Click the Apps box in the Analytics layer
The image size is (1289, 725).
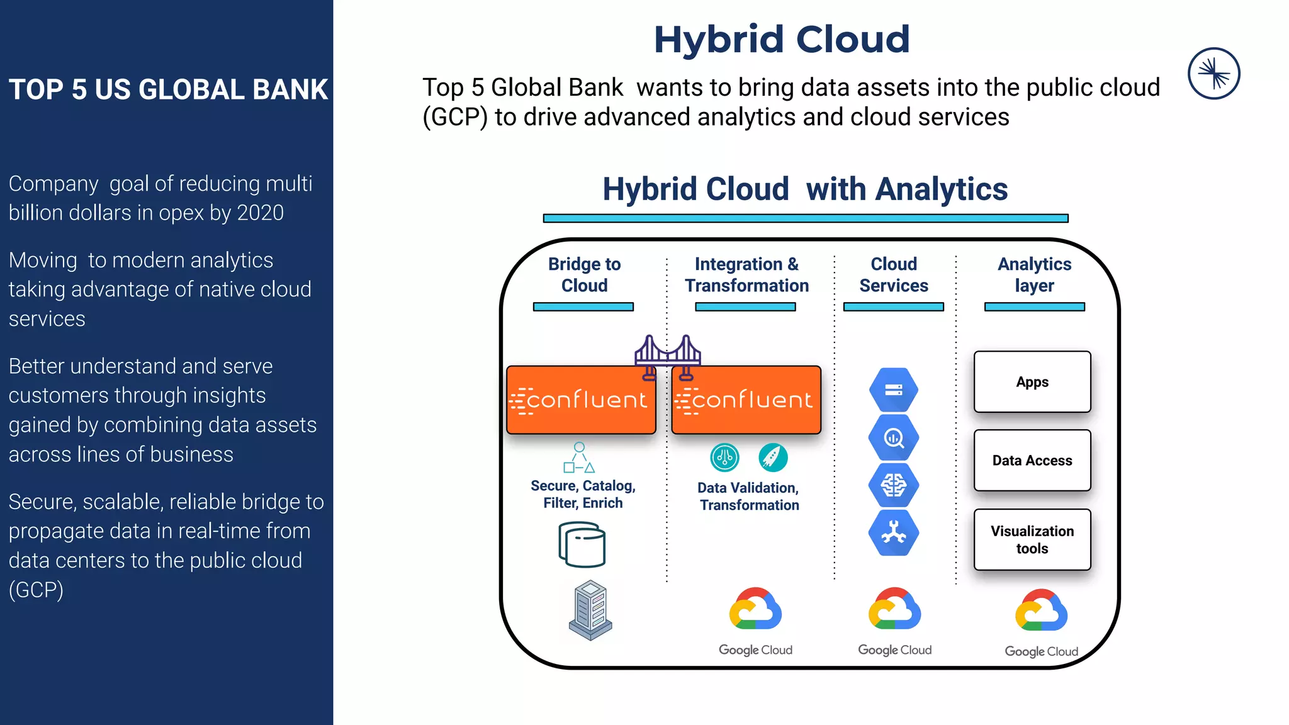click(1032, 382)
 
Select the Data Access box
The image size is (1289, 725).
click(1032, 461)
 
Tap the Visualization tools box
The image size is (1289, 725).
click(1032, 540)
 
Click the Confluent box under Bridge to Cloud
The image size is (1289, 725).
click(580, 400)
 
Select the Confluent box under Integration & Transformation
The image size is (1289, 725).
click(746, 400)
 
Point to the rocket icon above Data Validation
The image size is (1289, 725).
click(773, 458)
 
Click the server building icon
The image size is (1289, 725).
click(590, 610)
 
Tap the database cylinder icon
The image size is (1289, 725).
click(582, 544)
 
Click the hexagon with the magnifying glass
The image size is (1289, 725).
click(893, 437)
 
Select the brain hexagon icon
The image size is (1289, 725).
click(893, 485)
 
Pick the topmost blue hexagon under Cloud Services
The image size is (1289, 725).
click(893, 390)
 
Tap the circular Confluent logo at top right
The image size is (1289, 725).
click(1213, 74)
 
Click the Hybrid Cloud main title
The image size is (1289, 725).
click(782, 39)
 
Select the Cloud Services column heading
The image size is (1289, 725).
click(893, 274)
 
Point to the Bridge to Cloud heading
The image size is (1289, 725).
click(584, 274)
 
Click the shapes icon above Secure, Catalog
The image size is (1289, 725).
click(579, 458)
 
